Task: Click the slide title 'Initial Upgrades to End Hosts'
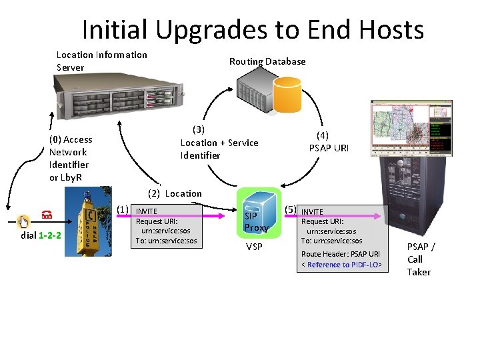click(x=253, y=30)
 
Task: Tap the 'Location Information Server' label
click(x=101, y=61)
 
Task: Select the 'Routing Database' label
click(x=267, y=61)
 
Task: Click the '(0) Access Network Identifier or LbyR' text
click(x=71, y=158)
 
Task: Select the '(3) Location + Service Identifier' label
click(x=219, y=142)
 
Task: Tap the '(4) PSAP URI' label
click(x=329, y=141)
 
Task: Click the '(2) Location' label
click(x=175, y=193)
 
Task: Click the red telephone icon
click(x=47, y=215)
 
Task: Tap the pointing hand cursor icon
click(x=23, y=221)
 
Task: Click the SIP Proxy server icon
click(x=256, y=212)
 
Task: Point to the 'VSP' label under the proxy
click(x=254, y=247)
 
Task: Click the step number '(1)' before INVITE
click(x=123, y=209)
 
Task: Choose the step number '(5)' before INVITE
click(x=291, y=210)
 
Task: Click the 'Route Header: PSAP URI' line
click(x=340, y=254)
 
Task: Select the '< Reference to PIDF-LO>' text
click(x=343, y=265)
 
